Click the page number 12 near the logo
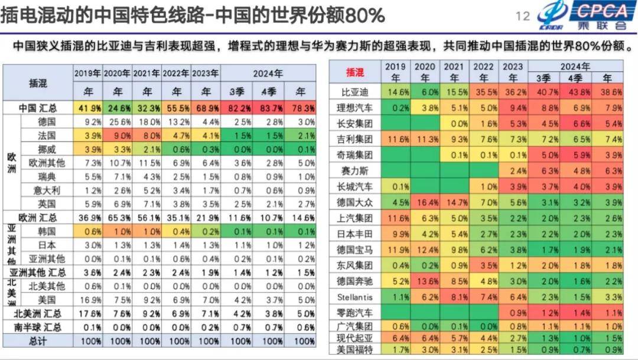(x=523, y=16)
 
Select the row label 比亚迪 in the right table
(x=354, y=92)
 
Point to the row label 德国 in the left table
(x=47, y=122)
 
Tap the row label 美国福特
(x=354, y=350)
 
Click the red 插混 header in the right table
(x=354, y=72)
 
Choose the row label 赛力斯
(x=354, y=170)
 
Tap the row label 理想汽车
(x=354, y=108)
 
